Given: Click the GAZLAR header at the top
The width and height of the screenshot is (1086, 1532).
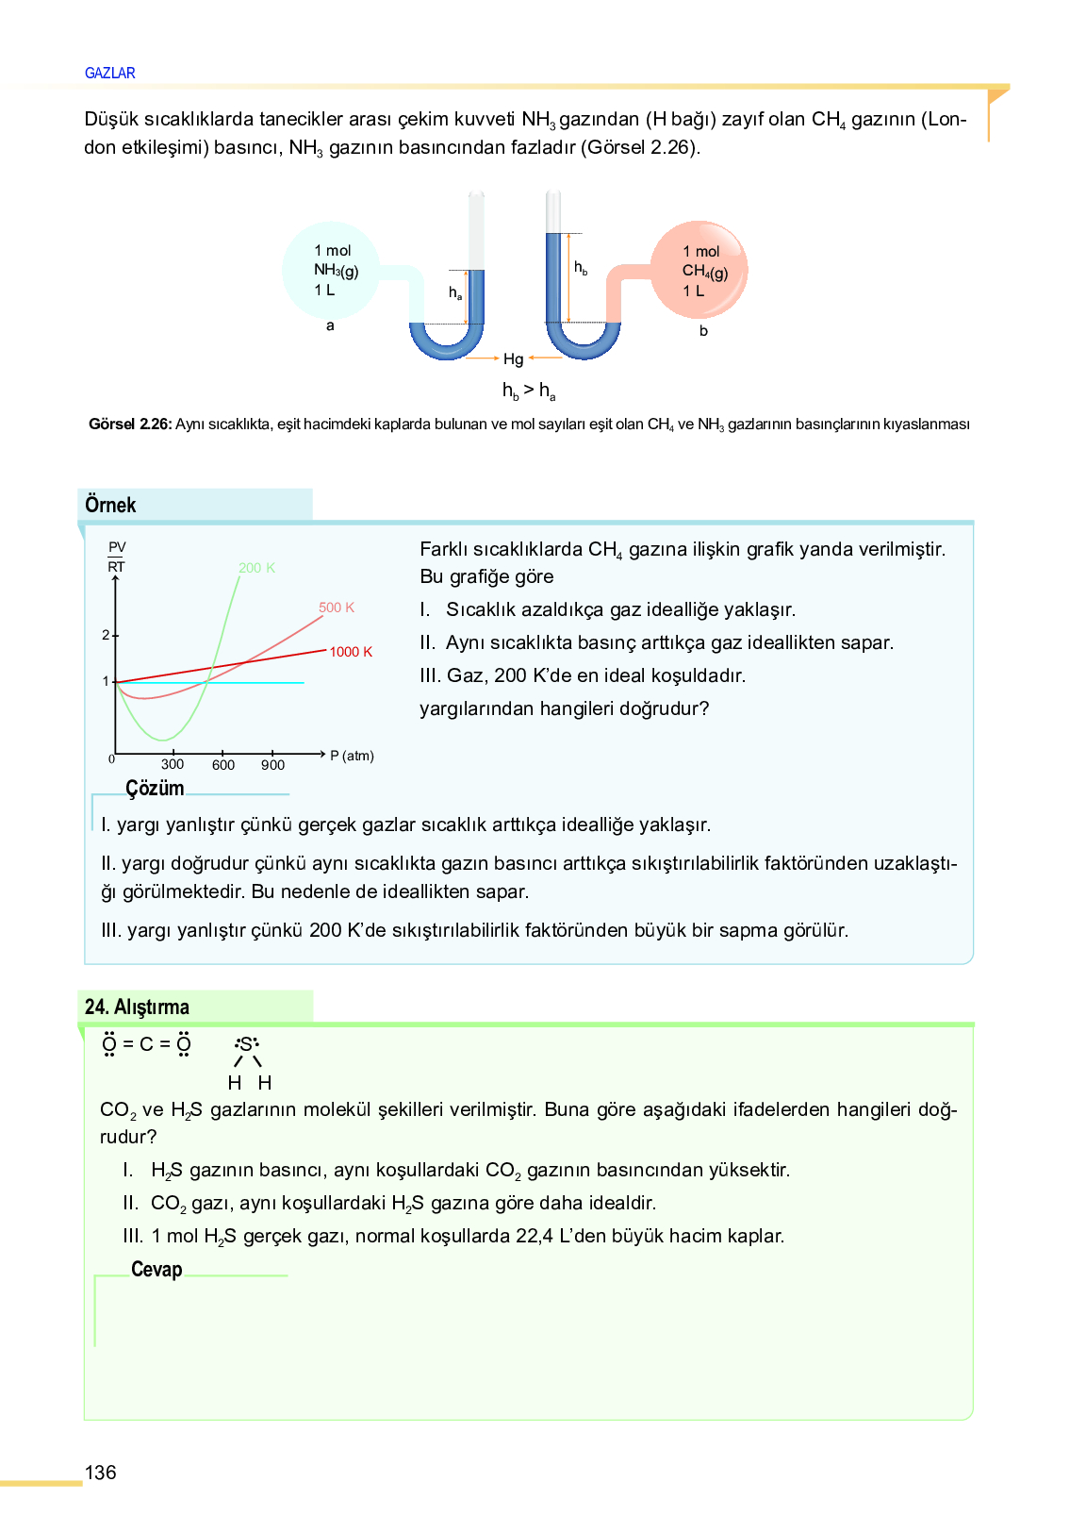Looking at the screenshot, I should click(109, 73).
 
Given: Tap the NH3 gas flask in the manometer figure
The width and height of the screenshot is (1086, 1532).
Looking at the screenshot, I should click(331, 271).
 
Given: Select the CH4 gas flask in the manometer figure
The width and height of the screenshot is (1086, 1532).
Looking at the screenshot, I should click(699, 271).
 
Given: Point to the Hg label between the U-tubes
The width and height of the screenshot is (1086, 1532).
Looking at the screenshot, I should click(513, 358).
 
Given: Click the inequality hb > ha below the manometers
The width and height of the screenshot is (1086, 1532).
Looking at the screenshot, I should click(529, 390).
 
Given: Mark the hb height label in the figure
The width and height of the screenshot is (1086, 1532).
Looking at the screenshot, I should click(581, 268).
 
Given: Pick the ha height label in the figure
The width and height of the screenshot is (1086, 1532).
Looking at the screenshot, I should click(455, 293).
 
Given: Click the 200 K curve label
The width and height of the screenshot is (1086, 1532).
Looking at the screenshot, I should click(256, 568).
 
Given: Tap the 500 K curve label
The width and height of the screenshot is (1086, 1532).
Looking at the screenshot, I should click(337, 608).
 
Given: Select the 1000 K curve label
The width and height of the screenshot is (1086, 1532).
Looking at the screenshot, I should click(351, 652).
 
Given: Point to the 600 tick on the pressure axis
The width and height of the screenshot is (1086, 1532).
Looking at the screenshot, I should click(223, 764).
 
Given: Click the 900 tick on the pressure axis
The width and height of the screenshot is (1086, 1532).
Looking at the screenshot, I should click(272, 764).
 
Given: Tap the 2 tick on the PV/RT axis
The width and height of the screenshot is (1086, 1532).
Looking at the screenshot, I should click(107, 635).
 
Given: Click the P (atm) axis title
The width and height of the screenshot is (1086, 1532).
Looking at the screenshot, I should click(352, 756).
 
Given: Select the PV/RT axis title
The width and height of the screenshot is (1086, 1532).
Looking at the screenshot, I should click(117, 557).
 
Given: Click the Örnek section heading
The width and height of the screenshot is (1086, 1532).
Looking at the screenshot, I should click(110, 505).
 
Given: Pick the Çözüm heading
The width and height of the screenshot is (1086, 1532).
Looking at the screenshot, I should click(155, 789).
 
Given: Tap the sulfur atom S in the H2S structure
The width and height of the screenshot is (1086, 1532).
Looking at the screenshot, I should click(246, 1044).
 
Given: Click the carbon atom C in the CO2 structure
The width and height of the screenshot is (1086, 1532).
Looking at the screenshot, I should click(146, 1044).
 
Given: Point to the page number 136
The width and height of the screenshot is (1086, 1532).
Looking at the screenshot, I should click(101, 1473).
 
